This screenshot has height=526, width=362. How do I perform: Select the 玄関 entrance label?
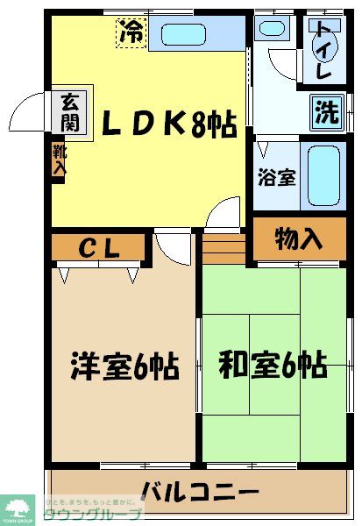point(69,112)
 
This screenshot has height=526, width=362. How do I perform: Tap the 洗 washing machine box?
point(326,112)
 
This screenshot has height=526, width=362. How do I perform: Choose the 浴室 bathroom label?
point(275,175)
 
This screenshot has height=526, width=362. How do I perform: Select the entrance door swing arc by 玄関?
point(28,114)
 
